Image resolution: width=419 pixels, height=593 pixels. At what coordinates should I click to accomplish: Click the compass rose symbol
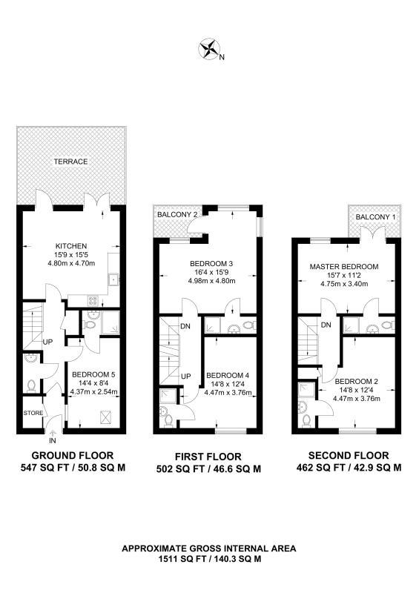pyautogui.click(x=209, y=48)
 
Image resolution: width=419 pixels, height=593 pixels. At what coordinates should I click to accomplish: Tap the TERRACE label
pyautogui.click(x=70, y=162)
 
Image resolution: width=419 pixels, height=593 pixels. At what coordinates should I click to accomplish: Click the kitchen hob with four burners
pyautogui.click(x=93, y=300)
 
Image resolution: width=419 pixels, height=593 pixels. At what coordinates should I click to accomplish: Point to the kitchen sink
pyautogui.click(x=113, y=279)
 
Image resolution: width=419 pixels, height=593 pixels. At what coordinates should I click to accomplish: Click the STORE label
pyautogui.click(x=33, y=413)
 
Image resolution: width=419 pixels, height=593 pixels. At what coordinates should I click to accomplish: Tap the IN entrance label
pyautogui.click(x=52, y=440)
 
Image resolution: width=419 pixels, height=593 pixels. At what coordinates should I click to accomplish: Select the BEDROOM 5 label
pyautogui.click(x=93, y=375)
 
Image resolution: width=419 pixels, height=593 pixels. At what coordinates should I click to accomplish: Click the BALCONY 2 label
pyautogui.click(x=177, y=215)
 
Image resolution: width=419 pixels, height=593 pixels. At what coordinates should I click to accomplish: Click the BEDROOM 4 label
pyautogui.click(x=228, y=376)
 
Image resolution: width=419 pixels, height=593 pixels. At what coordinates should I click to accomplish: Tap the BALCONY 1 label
pyautogui.click(x=375, y=217)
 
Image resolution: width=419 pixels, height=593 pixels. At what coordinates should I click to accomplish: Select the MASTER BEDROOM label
pyautogui.click(x=344, y=267)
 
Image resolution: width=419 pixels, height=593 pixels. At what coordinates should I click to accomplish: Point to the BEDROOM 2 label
pyautogui.click(x=357, y=381)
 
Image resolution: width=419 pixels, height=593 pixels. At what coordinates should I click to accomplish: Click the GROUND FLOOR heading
pyautogui.click(x=73, y=456)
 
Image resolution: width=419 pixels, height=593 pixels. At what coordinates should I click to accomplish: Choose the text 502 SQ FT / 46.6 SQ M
pyautogui.click(x=208, y=469)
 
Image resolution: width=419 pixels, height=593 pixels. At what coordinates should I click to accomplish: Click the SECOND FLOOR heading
pyautogui.click(x=349, y=456)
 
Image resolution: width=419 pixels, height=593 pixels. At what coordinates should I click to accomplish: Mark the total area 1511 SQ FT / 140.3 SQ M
pyautogui.click(x=209, y=559)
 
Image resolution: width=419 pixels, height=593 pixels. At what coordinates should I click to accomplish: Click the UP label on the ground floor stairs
pyautogui.click(x=47, y=342)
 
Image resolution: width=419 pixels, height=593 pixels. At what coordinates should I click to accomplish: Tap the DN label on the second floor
pyautogui.click(x=326, y=325)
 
